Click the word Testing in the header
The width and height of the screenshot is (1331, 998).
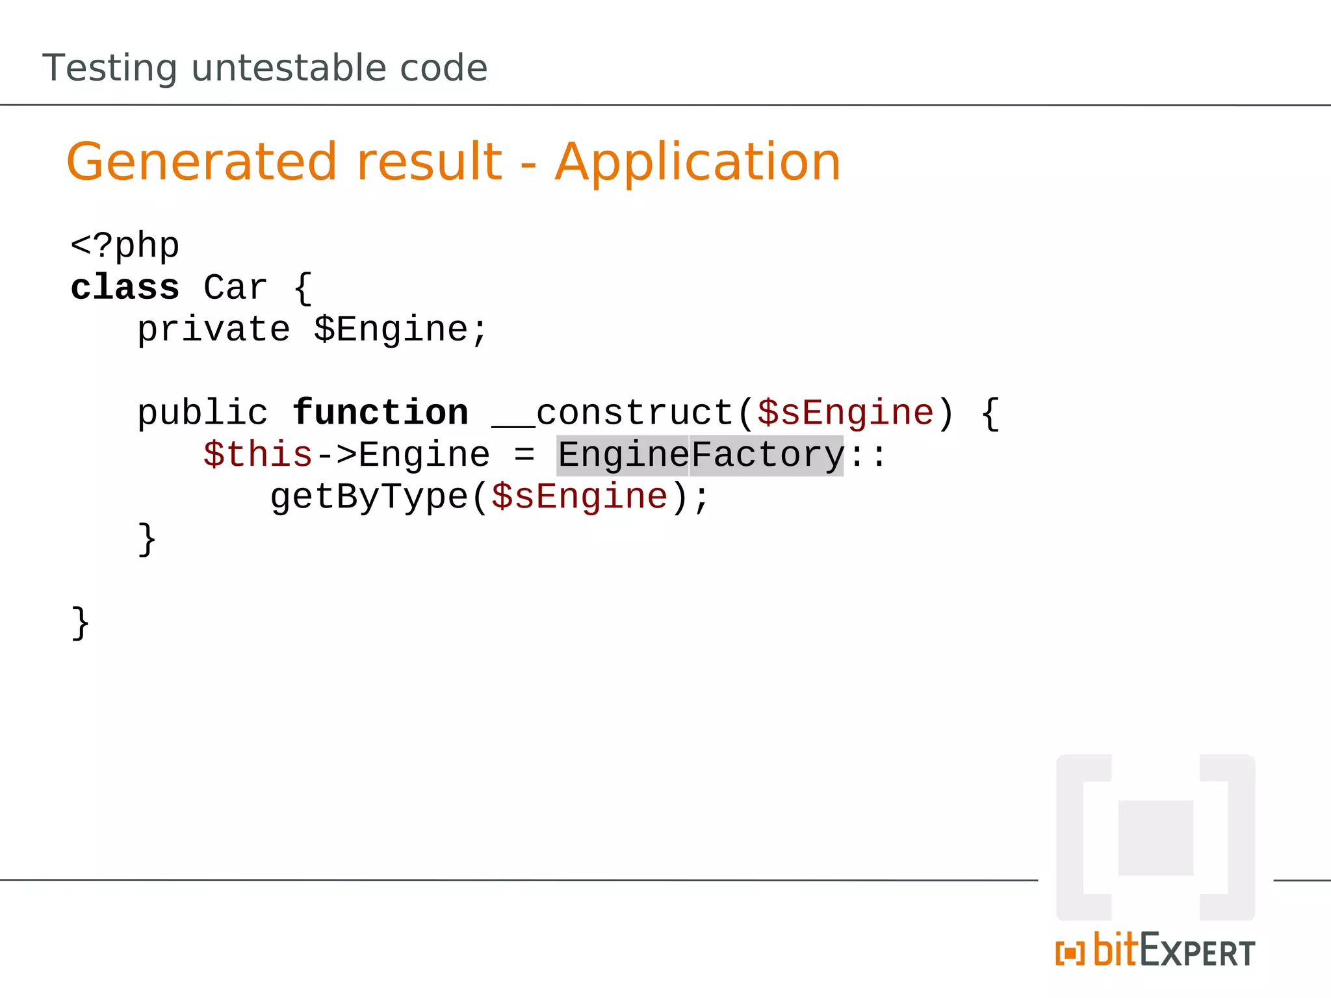tap(109, 69)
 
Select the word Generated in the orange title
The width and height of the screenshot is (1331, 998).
tap(201, 162)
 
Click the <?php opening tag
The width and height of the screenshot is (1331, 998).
tap(125, 246)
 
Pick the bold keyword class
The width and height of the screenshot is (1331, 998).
tap(125, 288)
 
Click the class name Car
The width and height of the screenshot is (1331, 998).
tap(235, 288)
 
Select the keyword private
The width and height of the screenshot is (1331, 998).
tap(213, 329)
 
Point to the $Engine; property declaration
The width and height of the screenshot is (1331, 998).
tap(400, 329)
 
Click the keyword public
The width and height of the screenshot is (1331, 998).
tap(202, 413)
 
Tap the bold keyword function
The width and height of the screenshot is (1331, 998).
tap(380, 413)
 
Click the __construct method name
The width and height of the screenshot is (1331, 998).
tap(612, 413)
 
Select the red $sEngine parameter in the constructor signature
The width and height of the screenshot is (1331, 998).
tap(845, 413)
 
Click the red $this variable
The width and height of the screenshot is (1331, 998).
tap(258, 455)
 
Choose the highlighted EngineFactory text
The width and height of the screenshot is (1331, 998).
tap(700, 455)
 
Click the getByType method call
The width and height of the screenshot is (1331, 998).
tap(368, 497)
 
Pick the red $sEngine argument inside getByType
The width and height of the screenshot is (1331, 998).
tap(579, 497)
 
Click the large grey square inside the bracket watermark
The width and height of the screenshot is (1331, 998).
tap(1156, 838)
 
